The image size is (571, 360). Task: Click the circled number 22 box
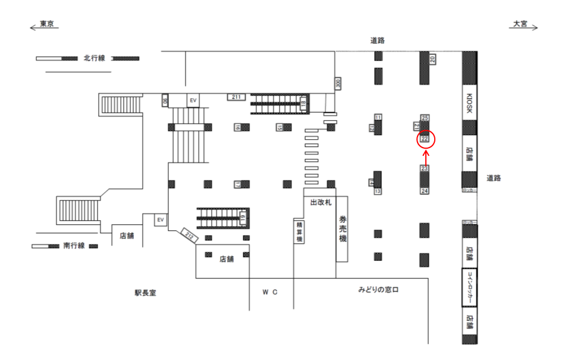pos(425,139)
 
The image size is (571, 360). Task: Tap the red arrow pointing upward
pos(426,157)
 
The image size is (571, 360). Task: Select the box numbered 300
pos(338,83)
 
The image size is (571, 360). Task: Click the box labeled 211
pos(236,96)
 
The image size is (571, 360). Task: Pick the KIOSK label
pos(469,103)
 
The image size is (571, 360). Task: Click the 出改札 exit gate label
pos(320,203)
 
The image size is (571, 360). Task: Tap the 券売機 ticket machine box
pos(342,228)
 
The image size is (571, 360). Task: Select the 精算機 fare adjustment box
pos(299,231)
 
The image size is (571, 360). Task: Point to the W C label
pos(270,292)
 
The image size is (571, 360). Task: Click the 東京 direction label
pos(47,24)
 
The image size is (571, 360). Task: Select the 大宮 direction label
pos(520,24)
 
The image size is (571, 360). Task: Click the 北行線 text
pos(94,58)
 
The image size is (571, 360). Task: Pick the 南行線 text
pos(74,245)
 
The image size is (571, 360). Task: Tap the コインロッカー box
pos(469,287)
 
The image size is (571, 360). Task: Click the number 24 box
pos(425,191)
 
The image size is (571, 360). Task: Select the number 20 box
pos(432,58)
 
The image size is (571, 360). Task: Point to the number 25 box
pos(425,117)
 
